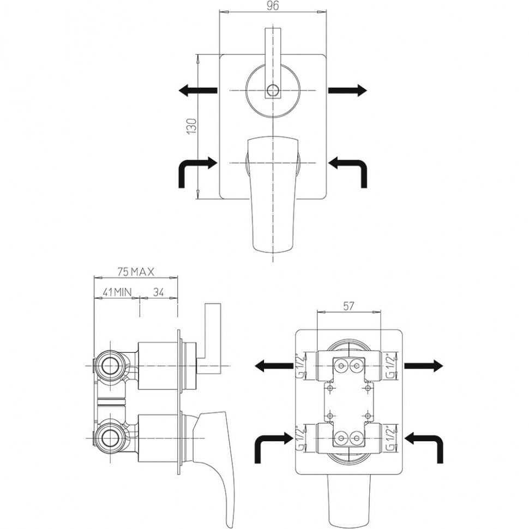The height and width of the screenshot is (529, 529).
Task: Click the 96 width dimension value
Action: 273,6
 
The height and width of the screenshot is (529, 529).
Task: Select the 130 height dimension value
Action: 191,127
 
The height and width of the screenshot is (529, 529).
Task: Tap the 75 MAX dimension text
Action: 136,272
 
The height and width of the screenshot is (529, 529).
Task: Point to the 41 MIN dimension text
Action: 117,292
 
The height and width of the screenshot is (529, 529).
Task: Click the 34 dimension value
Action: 158,292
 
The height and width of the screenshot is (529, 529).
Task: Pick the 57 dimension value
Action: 348,306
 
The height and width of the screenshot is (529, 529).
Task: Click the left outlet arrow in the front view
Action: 198,91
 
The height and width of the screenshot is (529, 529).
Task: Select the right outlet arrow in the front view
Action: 347,91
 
